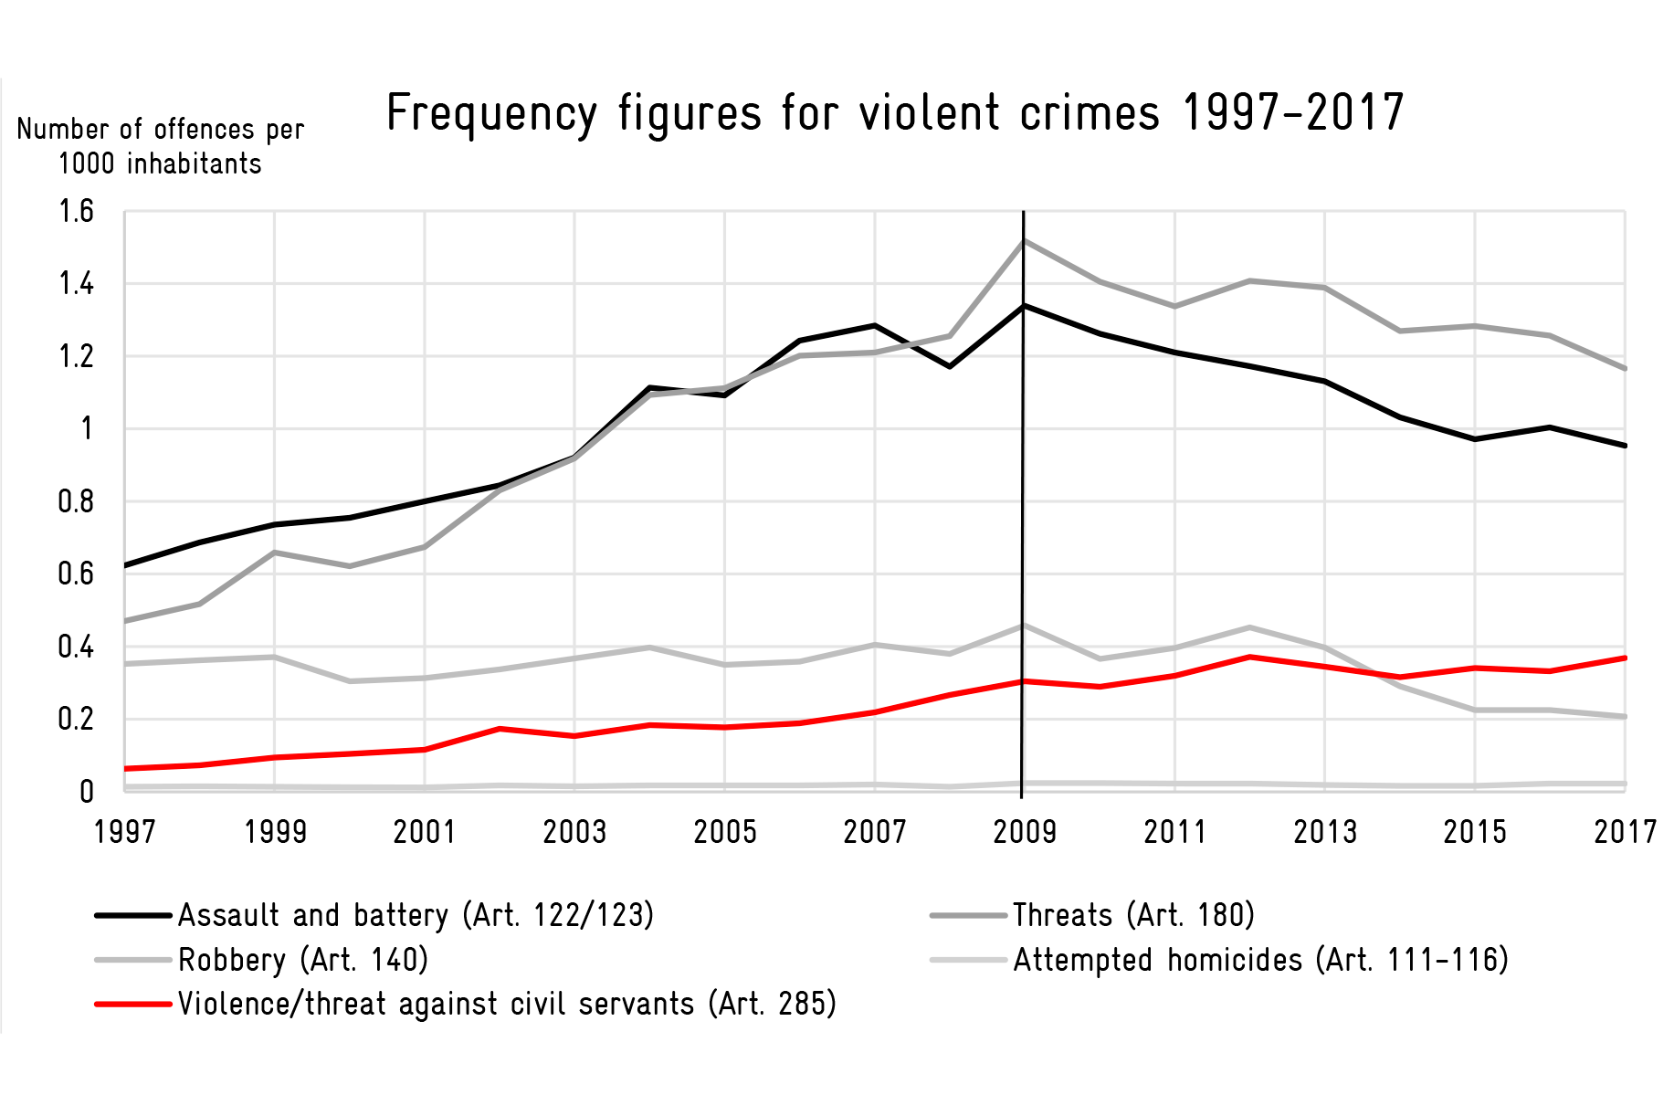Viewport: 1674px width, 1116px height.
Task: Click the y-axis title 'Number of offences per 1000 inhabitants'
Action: pyautogui.click(x=161, y=146)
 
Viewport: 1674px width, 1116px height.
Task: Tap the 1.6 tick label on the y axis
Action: pyautogui.click(x=77, y=212)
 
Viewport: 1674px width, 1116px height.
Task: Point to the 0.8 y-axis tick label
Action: pyautogui.click(x=77, y=501)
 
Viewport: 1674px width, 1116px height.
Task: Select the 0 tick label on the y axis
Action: pyautogui.click(x=87, y=791)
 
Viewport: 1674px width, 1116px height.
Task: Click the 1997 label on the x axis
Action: pyautogui.click(x=125, y=832)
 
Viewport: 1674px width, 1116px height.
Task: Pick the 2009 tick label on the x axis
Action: pyautogui.click(x=1025, y=832)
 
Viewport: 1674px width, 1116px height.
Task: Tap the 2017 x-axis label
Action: pyautogui.click(x=1625, y=832)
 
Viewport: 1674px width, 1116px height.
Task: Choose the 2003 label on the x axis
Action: pyautogui.click(x=575, y=832)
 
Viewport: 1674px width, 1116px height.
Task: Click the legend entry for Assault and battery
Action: pyautogui.click(x=374, y=915)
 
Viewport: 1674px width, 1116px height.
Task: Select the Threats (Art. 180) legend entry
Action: pyautogui.click(x=1093, y=915)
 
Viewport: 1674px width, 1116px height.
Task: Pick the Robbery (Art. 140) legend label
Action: pyautogui.click(x=262, y=960)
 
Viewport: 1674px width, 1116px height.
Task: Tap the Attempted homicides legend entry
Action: pyautogui.click(x=1220, y=960)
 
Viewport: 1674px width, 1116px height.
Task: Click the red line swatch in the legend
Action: pyautogui.click(x=133, y=1005)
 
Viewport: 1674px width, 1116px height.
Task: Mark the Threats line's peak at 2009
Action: pyautogui.click(x=1024, y=241)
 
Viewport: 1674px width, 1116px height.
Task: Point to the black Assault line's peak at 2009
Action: pyautogui.click(x=1024, y=306)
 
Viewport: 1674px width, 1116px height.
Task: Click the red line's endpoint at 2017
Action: pyautogui.click(x=1625, y=658)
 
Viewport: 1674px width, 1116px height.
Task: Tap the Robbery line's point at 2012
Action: pyautogui.click(x=1249, y=627)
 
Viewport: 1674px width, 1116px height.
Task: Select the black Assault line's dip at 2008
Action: pyautogui.click(x=950, y=366)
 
